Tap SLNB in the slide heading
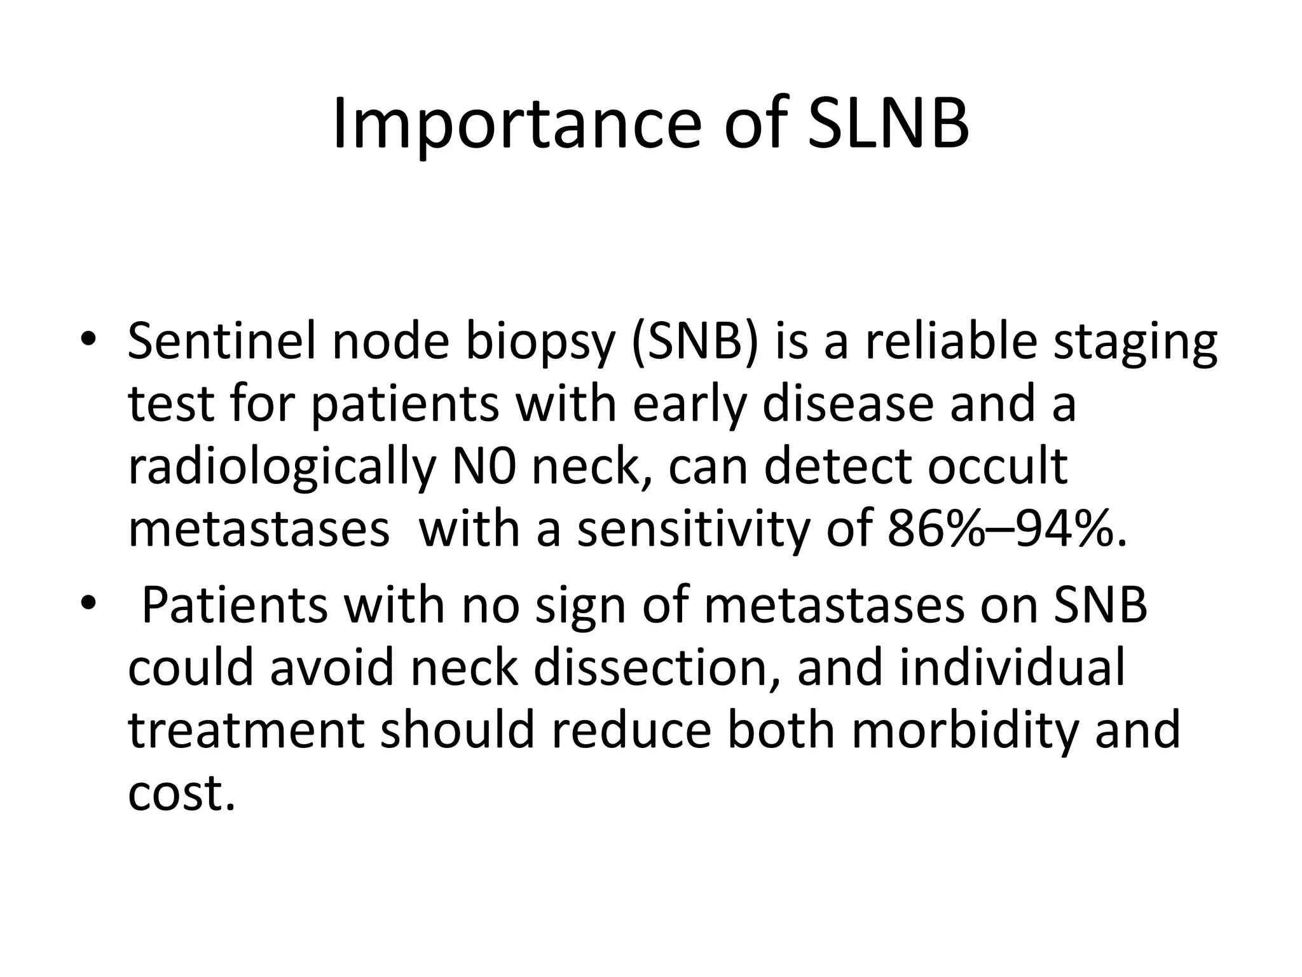click(x=888, y=124)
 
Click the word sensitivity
click(x=693, y=530)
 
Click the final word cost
click(x=182, y=793)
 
